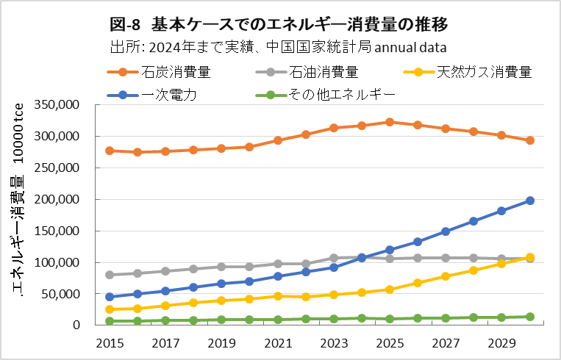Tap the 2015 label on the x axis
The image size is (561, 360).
(x=110, y=342)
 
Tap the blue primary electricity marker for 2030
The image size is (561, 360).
(x=530, y=200)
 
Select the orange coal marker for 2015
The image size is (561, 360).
(x=110, y=151)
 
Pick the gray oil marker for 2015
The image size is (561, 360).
(x=110, y=275)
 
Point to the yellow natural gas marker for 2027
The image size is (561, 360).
(x=446, y=276)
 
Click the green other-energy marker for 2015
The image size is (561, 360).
(x=110, y=321)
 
